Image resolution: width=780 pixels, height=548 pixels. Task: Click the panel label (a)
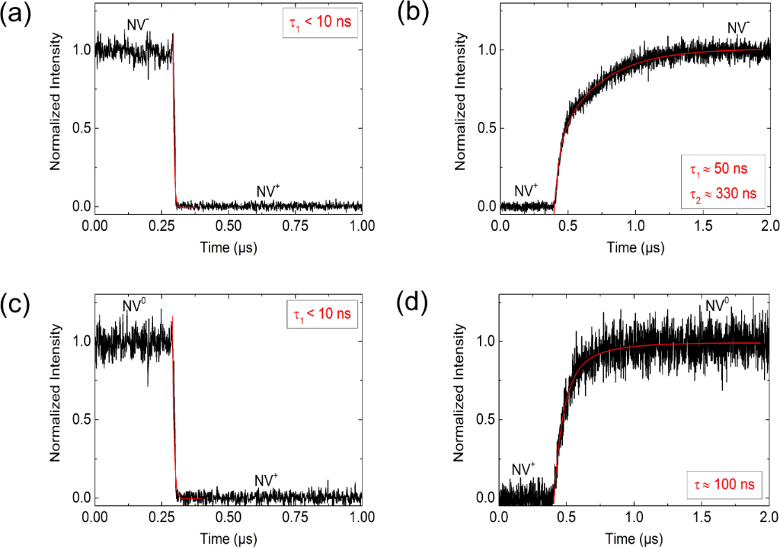[17, 14]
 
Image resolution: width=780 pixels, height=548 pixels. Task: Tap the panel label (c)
[17, 305]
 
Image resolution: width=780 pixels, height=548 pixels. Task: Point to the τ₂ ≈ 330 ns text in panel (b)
[721, 194]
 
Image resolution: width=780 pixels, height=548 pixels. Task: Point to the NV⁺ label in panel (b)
[525, 190]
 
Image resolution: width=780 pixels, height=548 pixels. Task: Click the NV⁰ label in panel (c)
[135, 307]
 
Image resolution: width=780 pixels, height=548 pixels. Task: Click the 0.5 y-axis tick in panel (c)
[78, 419]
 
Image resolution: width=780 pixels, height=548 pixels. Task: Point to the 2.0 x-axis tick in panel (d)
[767, 518]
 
